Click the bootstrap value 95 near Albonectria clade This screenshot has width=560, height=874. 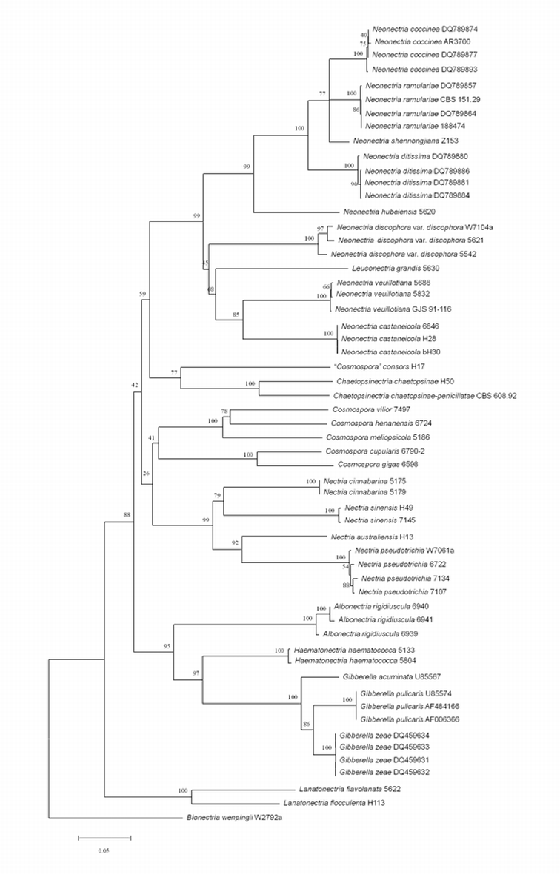coord(167,647)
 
